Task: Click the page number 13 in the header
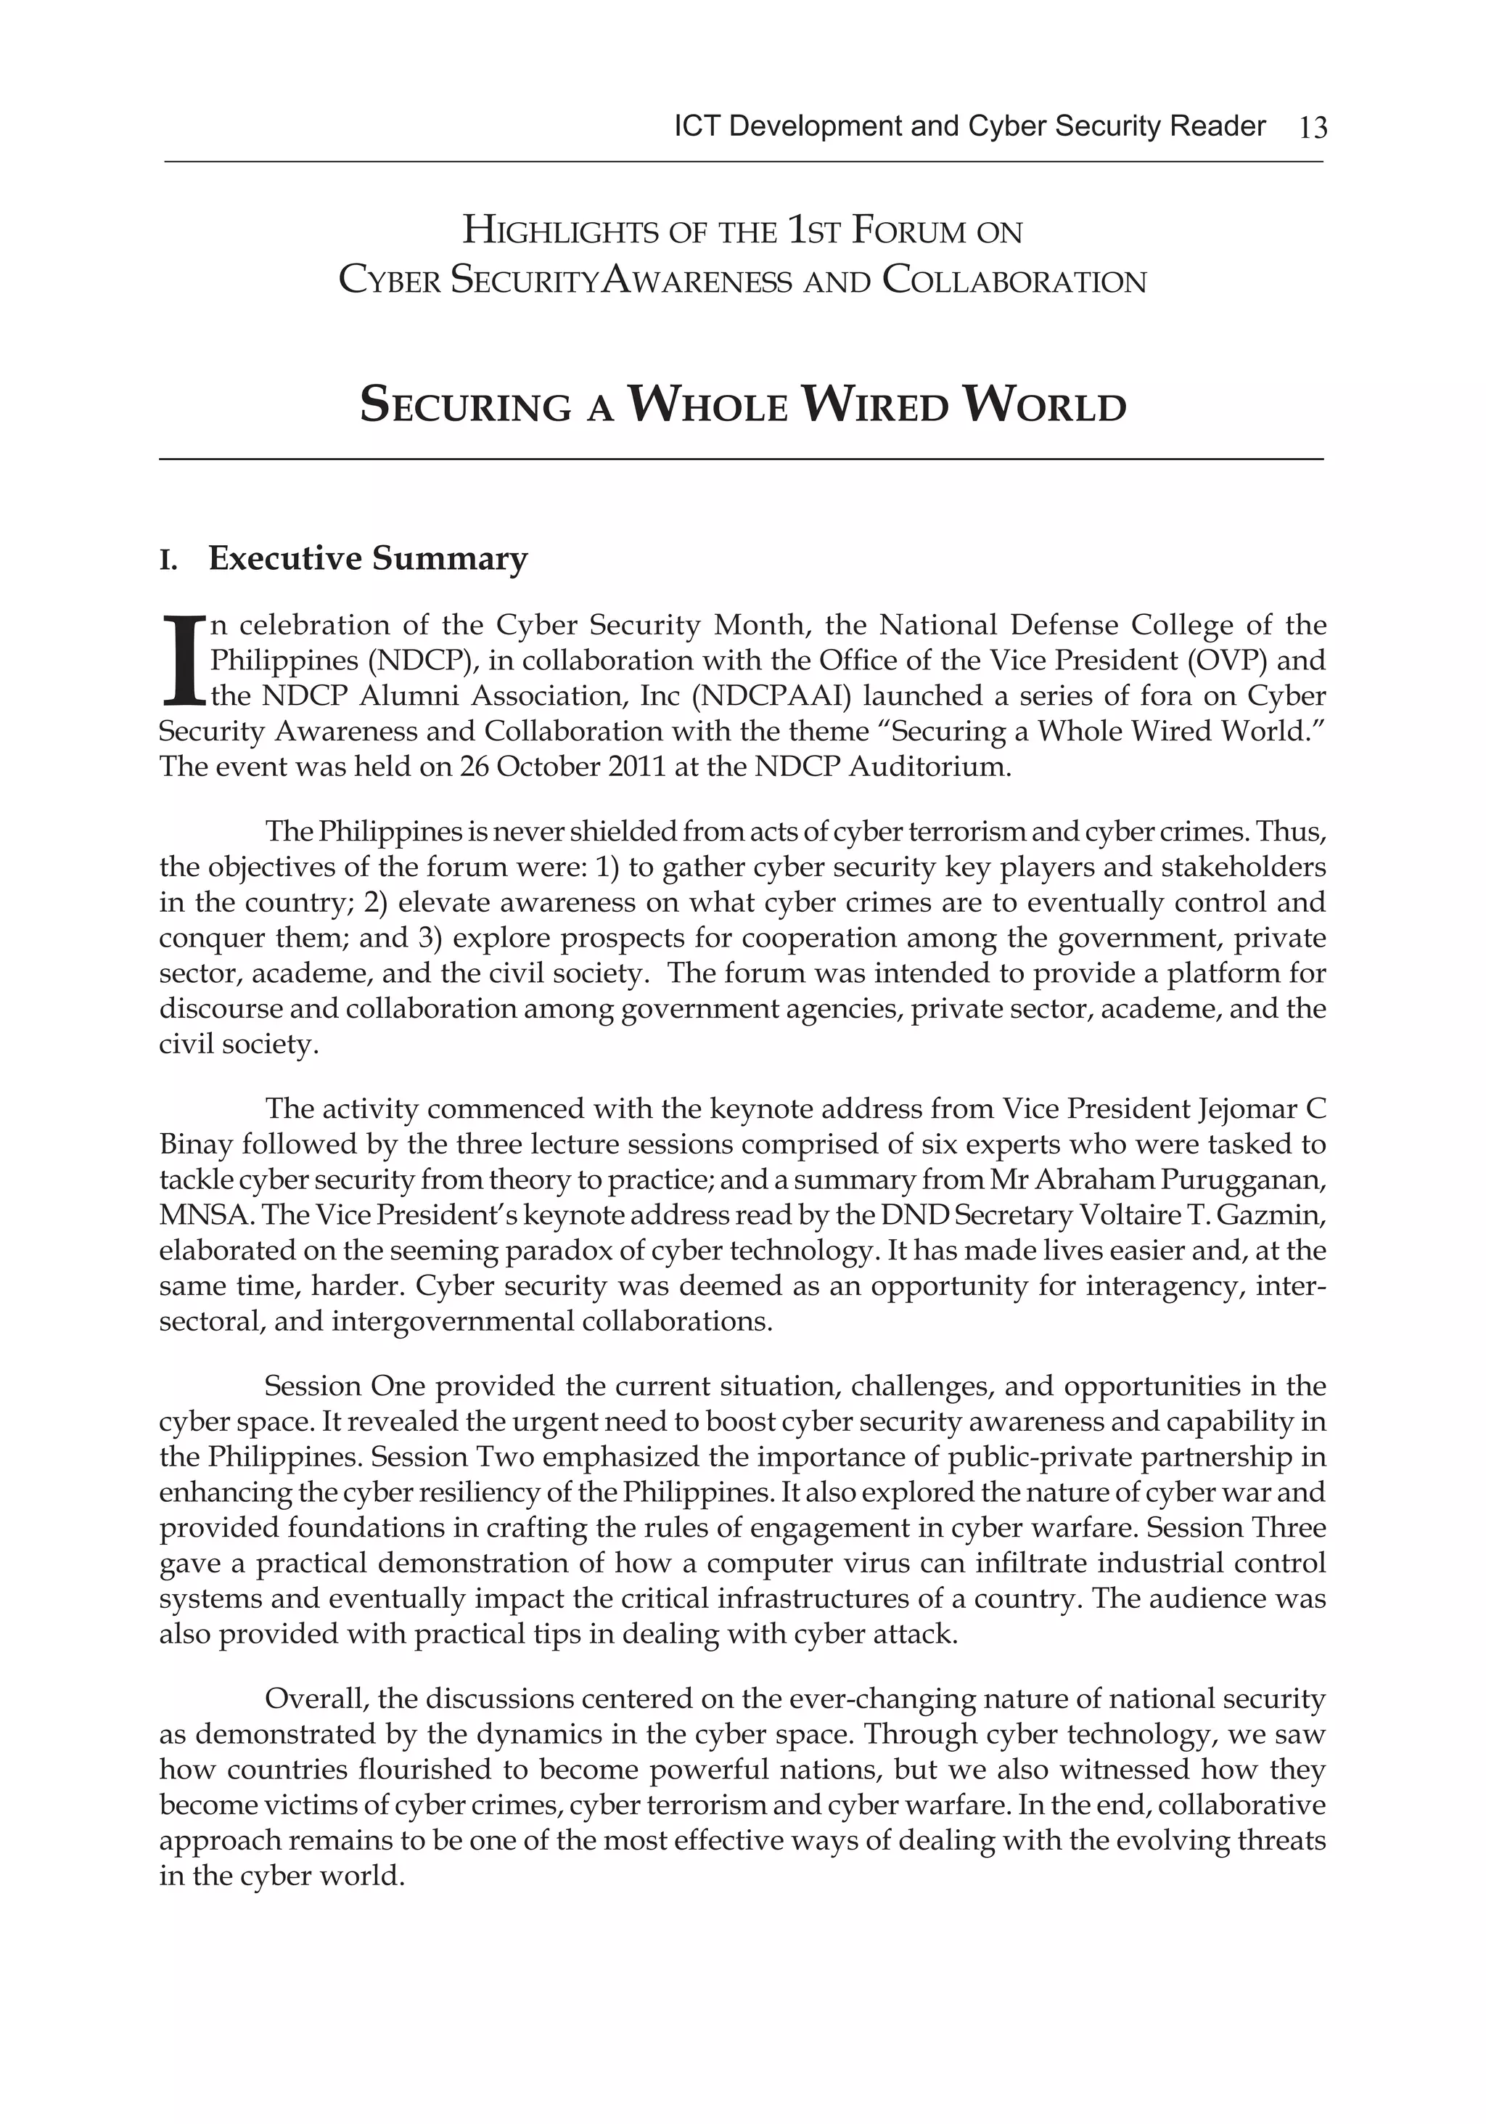point(1312,128)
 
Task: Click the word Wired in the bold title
point(877,406)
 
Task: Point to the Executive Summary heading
point(367,559)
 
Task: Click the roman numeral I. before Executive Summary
point(168,560)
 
